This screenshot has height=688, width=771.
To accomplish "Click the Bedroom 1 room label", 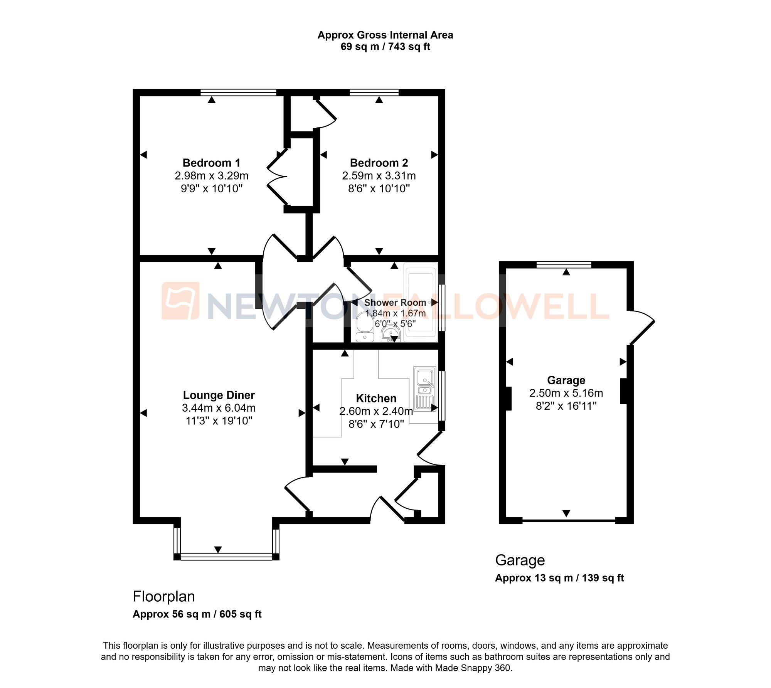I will tap(211, 163).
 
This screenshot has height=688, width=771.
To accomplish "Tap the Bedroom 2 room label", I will tap(379, 163).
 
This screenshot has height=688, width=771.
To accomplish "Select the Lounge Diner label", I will tap(219, 395).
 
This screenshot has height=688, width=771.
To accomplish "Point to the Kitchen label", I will tap(376, 398).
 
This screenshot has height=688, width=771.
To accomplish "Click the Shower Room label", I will tap(395, 303).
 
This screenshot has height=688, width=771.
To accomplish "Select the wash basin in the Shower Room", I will tap(391, 333).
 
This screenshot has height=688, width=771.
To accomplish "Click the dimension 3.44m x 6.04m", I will tap(219, 408).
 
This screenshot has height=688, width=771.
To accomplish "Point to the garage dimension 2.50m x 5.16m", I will tap(566, 393).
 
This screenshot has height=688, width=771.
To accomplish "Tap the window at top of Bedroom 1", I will tap(238, 93).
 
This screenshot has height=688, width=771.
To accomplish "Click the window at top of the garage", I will tap(564, 265).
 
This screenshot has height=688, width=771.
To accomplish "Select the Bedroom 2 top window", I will tap(374, 93).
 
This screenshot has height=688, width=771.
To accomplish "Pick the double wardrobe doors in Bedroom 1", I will tap(278, 177).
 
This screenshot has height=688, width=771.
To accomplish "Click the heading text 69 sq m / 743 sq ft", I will tap(385, 47).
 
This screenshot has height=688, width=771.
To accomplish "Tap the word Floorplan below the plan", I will tap(164, 596).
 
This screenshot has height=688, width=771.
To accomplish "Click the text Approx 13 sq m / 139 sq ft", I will tap(559, 578).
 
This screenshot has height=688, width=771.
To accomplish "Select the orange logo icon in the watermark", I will tap(180, 301).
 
